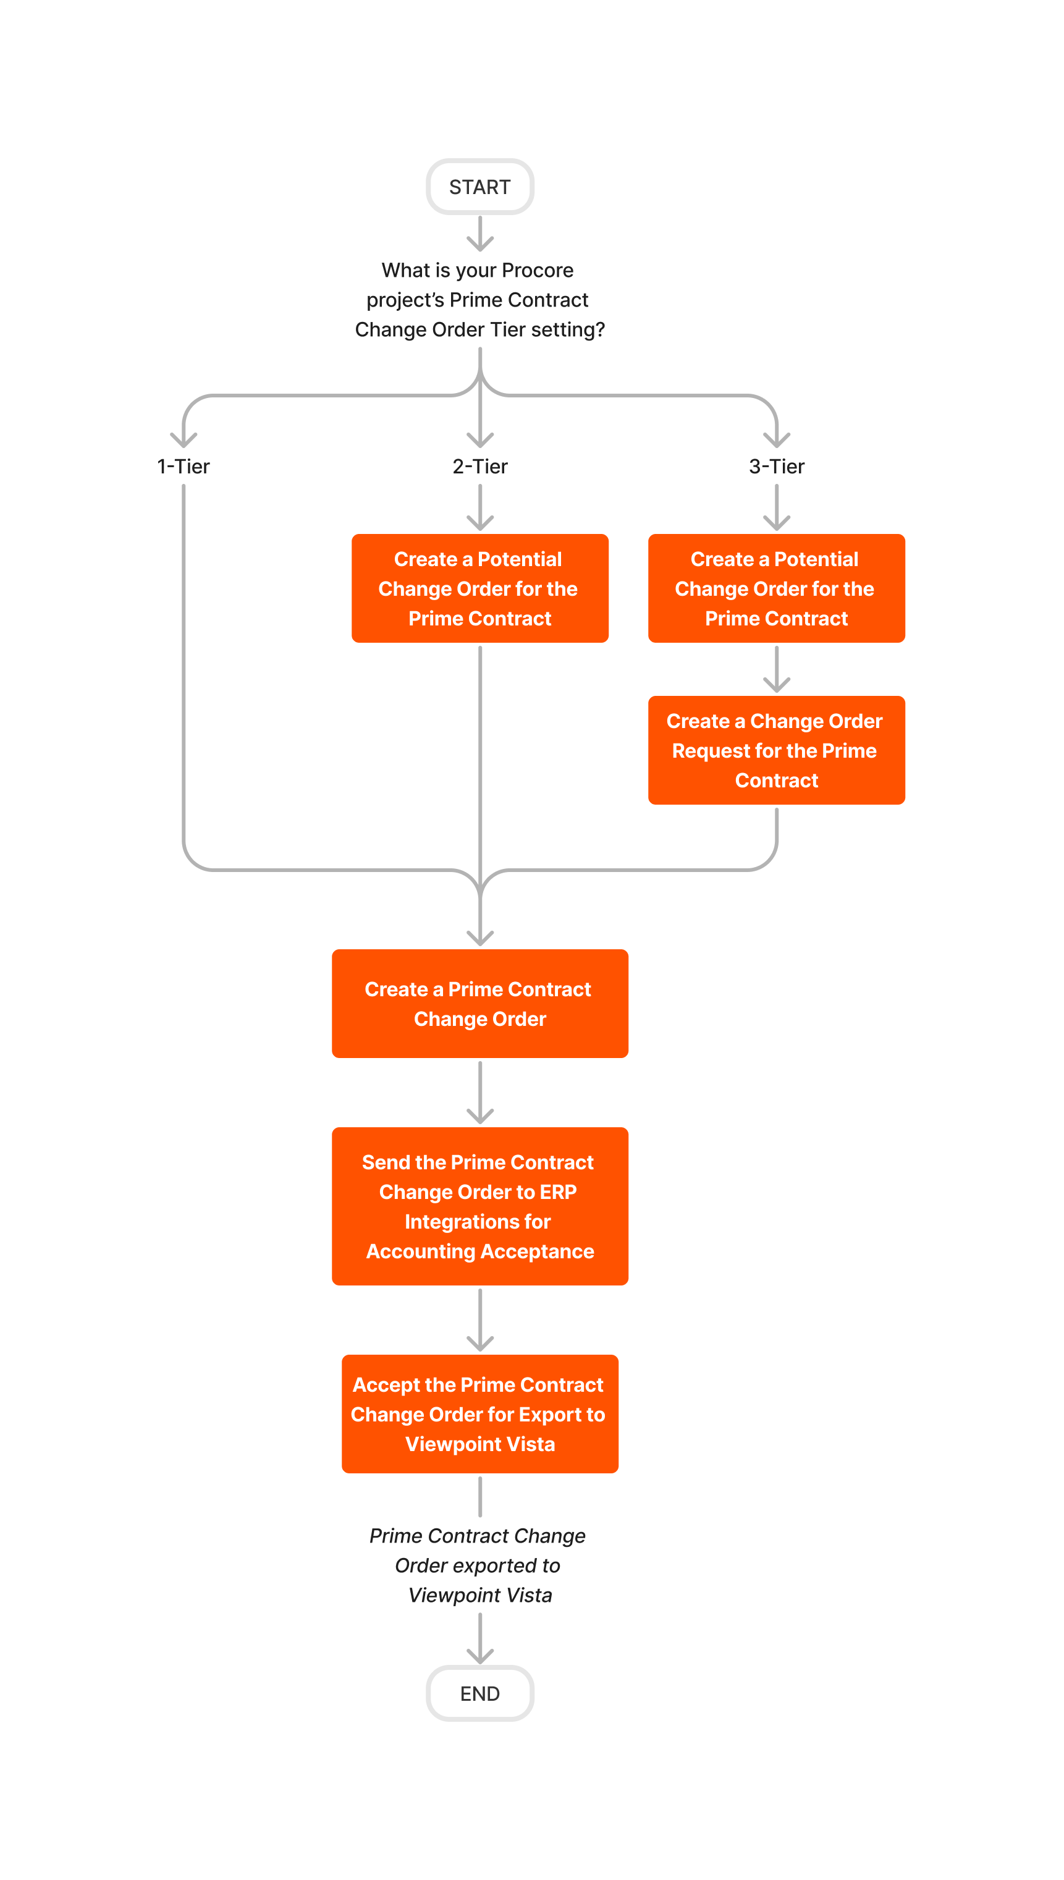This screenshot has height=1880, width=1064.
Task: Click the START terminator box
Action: [479, 187]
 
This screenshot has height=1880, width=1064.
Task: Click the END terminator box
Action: [479, 1693]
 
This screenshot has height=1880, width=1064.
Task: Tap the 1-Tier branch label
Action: [184, 467]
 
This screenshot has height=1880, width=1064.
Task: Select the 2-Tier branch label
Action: [479, 467]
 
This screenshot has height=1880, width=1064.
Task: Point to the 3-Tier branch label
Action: [776, 467]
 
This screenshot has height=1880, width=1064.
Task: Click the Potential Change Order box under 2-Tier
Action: [479, 588]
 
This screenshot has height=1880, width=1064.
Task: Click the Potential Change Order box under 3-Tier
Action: [776, 588]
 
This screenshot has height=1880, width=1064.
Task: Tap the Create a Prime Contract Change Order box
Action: [479, 1004]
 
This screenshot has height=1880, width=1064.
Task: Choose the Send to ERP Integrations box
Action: [479, 1206]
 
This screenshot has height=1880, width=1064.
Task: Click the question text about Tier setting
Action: [479, 300]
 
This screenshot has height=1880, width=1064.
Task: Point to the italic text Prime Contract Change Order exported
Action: [479, 1565]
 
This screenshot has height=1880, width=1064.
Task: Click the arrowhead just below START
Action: [479, 244]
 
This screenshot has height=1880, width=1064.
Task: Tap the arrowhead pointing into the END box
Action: [479, 1656]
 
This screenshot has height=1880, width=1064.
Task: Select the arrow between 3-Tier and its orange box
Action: [776, 509]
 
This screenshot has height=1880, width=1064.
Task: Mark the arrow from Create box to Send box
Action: [479, 1093]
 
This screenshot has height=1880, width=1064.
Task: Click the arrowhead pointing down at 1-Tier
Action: [184, 440]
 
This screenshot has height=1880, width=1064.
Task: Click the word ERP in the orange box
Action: [559, 1192]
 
